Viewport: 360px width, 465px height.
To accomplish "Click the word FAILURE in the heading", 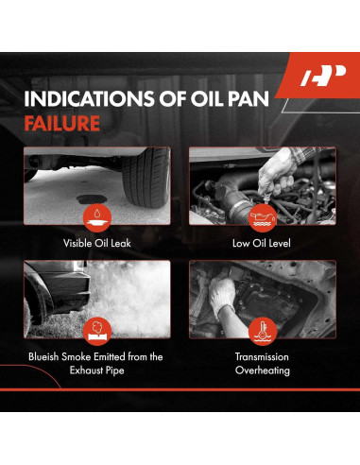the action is tap(62, 123).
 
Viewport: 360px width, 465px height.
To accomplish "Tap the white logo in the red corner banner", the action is tap(323, 76).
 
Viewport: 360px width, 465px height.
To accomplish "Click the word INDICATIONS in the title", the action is tap(89, 98).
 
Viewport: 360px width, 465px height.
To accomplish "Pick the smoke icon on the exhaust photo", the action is tap(97, 331).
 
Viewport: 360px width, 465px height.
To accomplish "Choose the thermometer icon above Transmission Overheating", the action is tap(263, 331).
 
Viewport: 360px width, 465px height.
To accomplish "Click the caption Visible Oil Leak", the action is tap(97, 243).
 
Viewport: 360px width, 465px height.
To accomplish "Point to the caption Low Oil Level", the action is tap(262, 243).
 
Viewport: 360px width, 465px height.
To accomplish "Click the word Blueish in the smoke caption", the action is tap(43, 357).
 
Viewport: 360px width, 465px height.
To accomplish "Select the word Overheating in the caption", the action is tap(263, 370).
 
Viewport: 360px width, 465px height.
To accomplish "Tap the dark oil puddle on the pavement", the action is tap(92, 199).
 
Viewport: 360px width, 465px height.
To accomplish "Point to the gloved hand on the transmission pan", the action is tap(222, 296).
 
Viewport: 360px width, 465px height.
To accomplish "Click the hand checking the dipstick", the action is tap(277, 173).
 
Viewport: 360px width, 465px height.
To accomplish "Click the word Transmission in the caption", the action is tap(262, 357).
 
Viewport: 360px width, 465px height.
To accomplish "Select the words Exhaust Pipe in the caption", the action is tap(97, 370).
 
